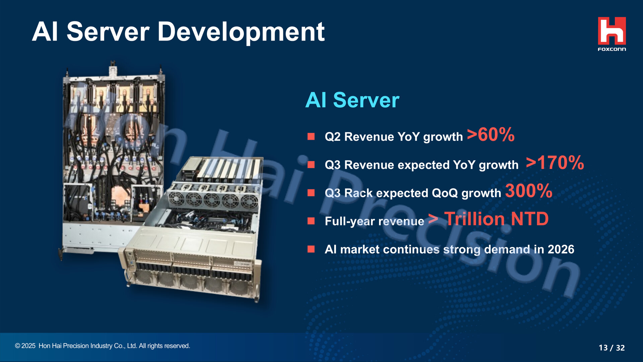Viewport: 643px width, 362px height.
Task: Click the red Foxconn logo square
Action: point(612,31)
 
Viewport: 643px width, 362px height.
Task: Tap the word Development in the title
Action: point(241,32)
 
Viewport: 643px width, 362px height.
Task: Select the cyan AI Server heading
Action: point(352,100)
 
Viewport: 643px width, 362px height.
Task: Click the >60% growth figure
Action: point(491,135)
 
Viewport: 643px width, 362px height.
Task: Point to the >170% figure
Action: point(555,163)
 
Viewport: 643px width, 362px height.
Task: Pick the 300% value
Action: point(528,191)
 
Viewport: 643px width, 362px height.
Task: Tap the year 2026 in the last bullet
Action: point(561,249)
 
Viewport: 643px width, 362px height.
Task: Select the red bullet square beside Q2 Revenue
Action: point(311,136)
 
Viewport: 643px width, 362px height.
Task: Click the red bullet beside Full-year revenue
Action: point(311,221)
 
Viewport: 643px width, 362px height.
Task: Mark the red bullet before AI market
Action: point(311,249)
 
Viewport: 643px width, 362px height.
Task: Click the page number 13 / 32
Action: point(612,348)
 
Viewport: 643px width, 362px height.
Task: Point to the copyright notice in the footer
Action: point(102,346)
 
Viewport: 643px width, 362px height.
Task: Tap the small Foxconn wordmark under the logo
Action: point(612,49)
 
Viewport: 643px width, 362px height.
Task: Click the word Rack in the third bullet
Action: point(358,193)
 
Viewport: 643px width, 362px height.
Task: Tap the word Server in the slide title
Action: point(108,32)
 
